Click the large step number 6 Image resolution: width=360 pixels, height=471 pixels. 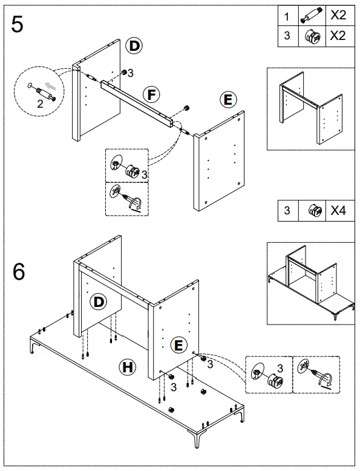[x=19, y=272]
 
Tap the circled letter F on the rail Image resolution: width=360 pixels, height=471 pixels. [x=151, y=94]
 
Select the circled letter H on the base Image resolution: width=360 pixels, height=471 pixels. [x=127, y=367]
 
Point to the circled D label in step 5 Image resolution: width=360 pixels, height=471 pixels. [x=133, y=46]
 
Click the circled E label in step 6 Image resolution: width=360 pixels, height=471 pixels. [x=178, y=344]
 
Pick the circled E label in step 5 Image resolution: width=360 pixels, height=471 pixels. [x=228, y=100]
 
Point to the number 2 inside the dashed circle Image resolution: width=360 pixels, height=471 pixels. [x=40, y=104]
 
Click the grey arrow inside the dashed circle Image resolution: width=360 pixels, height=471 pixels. [x=53, y=87]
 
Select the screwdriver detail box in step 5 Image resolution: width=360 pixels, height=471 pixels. [x=126, y=199]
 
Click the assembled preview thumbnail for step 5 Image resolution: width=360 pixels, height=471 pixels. [x=310, y=108]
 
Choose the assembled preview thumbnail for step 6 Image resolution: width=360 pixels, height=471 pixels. [x=310, y=283]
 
